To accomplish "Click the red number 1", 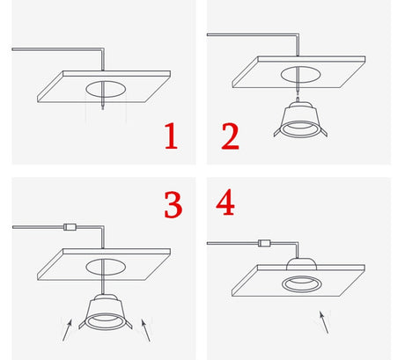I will click(169, 137).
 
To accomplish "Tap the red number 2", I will click(229, 137).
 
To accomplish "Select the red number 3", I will click(173, 204).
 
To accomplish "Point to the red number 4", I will click(225, 202).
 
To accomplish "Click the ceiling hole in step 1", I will click(105, 89).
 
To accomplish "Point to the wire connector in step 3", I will click(70, 227).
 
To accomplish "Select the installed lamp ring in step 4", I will click(299, 283).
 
